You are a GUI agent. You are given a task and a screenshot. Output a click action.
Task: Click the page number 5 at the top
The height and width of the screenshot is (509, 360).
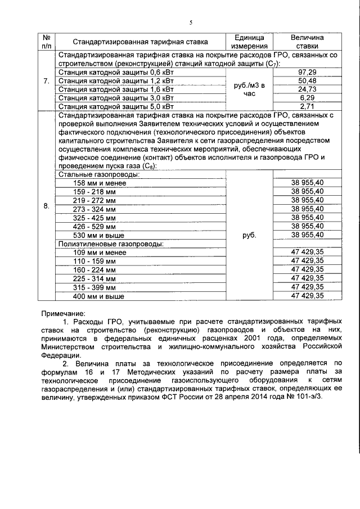click(x=191, y=22)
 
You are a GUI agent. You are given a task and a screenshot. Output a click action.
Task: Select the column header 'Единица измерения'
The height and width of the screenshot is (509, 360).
click(x=249, y=41)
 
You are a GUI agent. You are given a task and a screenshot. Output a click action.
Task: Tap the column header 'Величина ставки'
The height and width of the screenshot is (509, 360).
click(x=307, y=41)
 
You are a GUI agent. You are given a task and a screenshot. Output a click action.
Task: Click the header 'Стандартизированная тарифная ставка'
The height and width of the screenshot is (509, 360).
click(x=139, y=42)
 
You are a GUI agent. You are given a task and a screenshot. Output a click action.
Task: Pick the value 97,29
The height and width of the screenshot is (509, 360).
click(x=307, y=73)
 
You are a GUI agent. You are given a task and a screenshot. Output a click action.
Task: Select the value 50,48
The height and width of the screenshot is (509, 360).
click(x=307, y=81)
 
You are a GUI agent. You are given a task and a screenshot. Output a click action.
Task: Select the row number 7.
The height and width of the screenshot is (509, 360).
click(x=46, y=81)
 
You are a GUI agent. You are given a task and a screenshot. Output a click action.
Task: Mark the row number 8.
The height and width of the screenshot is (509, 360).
click(x=46, y=206)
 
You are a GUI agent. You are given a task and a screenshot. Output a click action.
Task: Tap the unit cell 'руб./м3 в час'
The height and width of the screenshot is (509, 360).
click(x=249, y=89)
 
